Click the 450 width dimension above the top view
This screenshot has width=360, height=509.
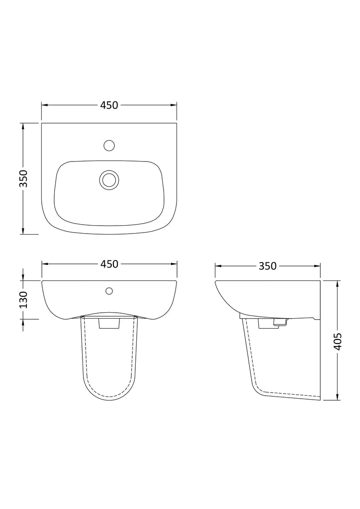pyautogui.click(x=109, y=105)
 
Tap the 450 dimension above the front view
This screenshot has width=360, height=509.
pyautogui.click(x=109, y=264)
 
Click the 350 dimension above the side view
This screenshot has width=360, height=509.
pyautogui.click(x=268, y=266)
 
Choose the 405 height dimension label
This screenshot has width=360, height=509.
pyautogui.click(x=338, y=341)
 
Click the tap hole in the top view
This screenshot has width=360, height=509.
pyautogui.click(x=109, y=145)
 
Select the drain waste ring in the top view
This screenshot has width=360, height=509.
pyautogui.click(x=109, y=180)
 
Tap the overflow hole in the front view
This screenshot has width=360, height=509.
pyautogui.click(x=109, y=290)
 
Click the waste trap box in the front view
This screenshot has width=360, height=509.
pyautogui.click(x=109, y=323)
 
